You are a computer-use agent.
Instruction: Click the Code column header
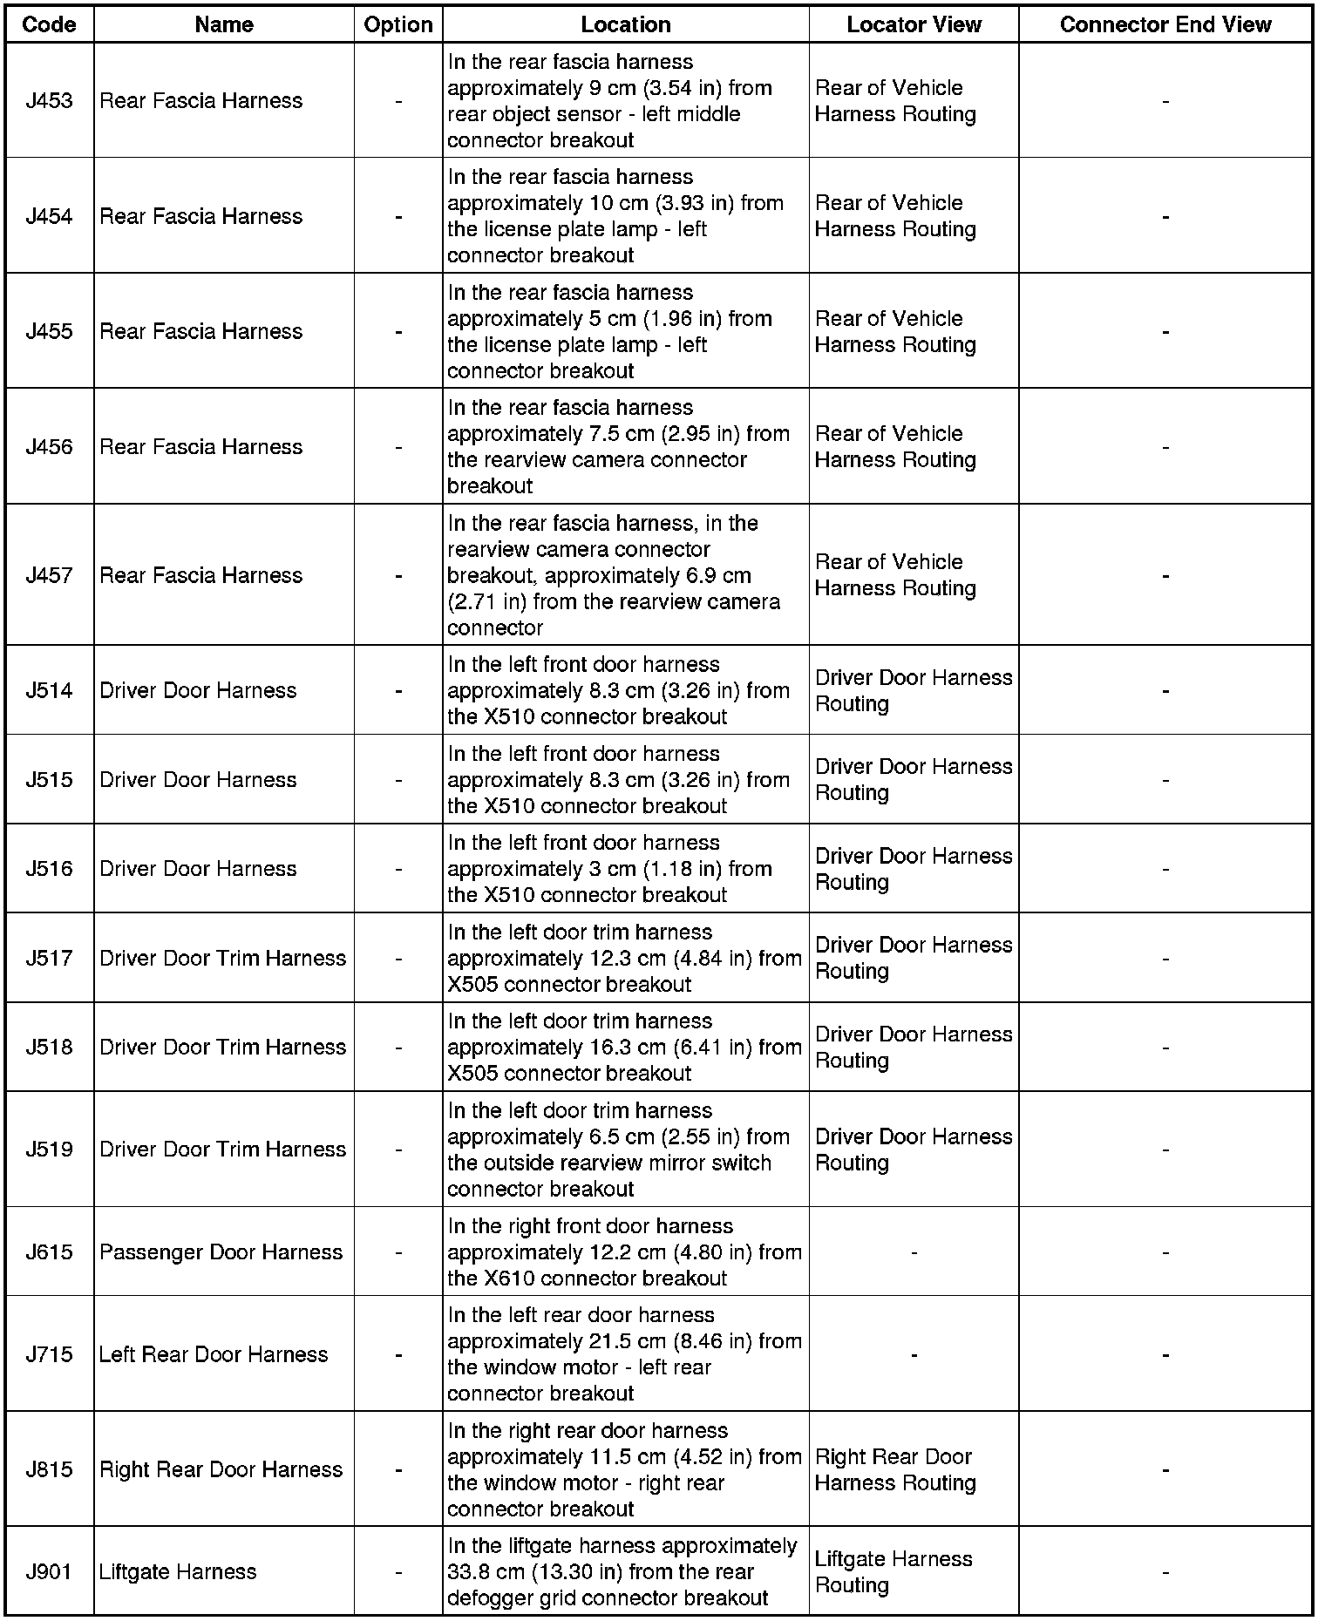click(x=49, y=24)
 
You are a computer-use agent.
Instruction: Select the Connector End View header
click(x=1165, y=24)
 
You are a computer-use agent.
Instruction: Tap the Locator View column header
click(x=914, y=24)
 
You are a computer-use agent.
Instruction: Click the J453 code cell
click(x=49, y=101)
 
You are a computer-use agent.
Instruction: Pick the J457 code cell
click(x=49, y=575)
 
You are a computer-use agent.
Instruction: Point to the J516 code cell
click(x=49, y=869)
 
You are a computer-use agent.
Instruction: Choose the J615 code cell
click(x=49, y=1252)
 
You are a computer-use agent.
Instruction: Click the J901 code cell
click(x=49, y=1571)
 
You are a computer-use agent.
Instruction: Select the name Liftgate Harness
click(x=178, y=1571)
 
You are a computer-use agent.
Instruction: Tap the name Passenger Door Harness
click(x=221, y=1252)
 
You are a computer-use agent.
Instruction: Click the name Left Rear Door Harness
click(x=214, y=1354)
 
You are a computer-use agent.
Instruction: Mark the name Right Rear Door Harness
click(x=221, y=1469)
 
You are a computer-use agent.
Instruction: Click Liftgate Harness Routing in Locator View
click(x=894, y=1571)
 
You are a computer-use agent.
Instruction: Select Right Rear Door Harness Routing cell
click(x=894, y=1469)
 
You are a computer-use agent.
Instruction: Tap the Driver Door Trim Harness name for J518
click(x=222, y=1047)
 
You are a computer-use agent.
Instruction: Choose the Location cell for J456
click(x=618, y=446)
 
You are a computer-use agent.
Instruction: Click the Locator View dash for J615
click(x=914, y=1252)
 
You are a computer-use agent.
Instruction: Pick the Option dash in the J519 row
click(x=398, y=1150)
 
